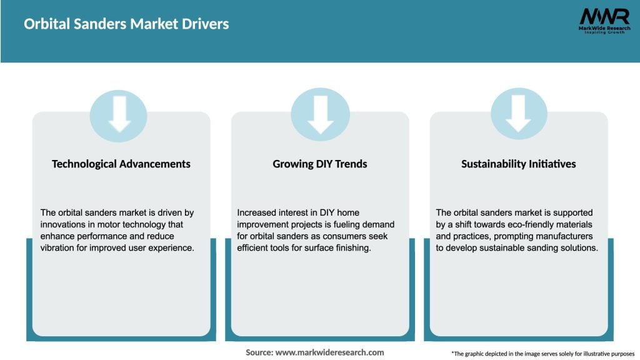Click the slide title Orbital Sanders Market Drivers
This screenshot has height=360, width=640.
pyautogui.click(x=126, y=24)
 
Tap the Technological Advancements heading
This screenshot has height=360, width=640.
pyautogui.click(x=121, y=164)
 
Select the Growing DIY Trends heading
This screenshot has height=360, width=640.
pyautogui.click(x=320, y=164)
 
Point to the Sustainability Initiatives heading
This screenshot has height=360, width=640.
pyautogui.click(x=519, y=164)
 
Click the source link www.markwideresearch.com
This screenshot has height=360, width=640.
pyautogui.click(x=329, y=352)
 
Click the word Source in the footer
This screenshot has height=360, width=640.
pyautogui.click(x=259, y=352)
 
